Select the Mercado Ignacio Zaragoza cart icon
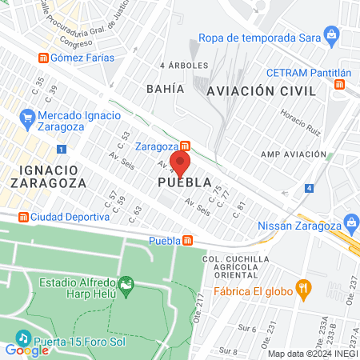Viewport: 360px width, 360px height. (x=28, y=118)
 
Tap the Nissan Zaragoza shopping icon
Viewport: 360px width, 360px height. (x=350, y=221)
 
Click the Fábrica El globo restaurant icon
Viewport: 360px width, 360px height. (x=303, y=286)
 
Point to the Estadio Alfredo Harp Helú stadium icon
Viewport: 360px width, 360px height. (x=126, y=283)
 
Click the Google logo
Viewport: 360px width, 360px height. (x=27, y=349)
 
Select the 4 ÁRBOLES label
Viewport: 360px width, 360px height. (x=184, y=65)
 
